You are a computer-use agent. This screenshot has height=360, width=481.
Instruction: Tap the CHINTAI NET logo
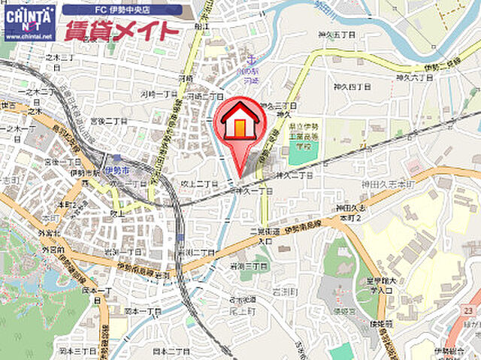tap(29, 23)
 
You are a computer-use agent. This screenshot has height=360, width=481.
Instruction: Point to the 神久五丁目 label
tap(331, 35)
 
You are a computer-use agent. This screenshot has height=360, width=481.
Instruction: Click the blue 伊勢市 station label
tap(117, 171)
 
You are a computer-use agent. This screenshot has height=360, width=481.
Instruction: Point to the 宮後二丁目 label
tap(107, 121)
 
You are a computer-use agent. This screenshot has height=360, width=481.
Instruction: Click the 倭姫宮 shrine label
tap(345, 310)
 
